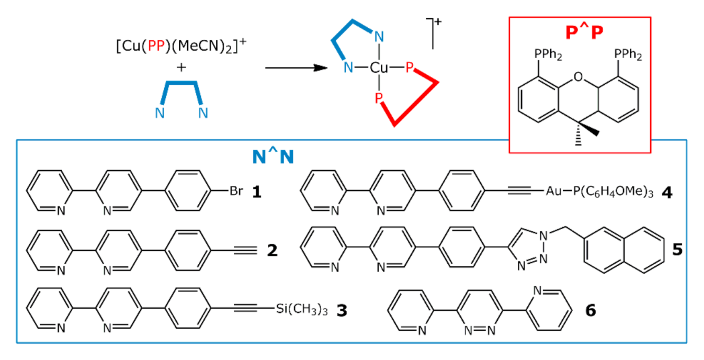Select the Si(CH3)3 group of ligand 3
click(302, 310)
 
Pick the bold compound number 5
click(677, 250)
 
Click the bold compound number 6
click(590, 310)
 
